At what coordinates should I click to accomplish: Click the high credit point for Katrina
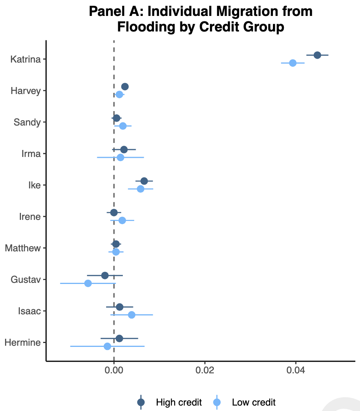[x=317, y=55]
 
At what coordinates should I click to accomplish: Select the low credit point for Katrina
[x=293, y=63]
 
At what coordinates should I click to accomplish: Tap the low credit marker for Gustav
[x=88, y=283]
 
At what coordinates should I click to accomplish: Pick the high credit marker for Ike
[x=144, y=181]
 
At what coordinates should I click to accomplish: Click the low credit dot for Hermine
[x=107, y=346]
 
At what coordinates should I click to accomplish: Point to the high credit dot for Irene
[x=114, y=212]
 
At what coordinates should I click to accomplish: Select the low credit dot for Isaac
[x=132, y=315]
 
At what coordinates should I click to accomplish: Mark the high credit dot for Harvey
[x=125, y=87]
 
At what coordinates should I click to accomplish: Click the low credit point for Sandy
[x=123, y=126]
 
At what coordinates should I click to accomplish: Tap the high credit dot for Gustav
[x=105, y=275]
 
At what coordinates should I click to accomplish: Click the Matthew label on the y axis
[x=23, y=248]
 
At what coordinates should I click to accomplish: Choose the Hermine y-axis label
[x=23, y=343]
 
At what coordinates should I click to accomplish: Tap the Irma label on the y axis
[x=31, y=153]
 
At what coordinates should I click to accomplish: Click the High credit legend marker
[x=141, y=402]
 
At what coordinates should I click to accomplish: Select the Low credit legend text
[x=253, y=402]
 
